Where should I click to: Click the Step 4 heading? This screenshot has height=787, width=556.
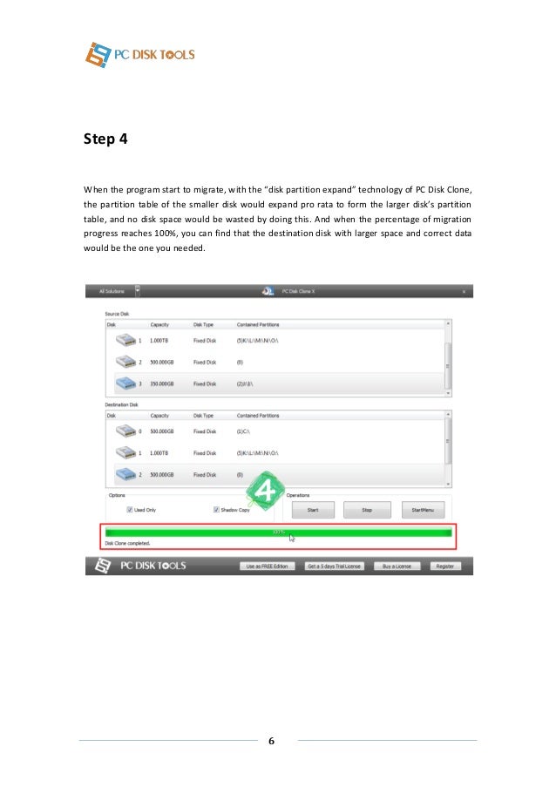pyautogui.click(x=105, y=139)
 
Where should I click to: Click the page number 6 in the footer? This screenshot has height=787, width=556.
pyautogui.click(x=271, y=741)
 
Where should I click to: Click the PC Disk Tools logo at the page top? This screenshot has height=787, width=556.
pyautogui.click(x=140, y=54)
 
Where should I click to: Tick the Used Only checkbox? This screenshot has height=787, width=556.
pyautogui.click(x=130, y=510)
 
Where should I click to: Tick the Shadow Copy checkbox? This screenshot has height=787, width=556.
pyautogui.click(x=216, y=510)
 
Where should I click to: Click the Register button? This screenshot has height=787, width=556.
pyautogui.click(x=445, y=567)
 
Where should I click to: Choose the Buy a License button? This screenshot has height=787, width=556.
pyautogui.click(x=393, y=567)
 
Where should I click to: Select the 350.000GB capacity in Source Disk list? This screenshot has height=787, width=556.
pyautogui.click(x=162, y=383)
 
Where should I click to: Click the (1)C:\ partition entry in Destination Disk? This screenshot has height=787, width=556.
pyautogui.click(x=244, y=431)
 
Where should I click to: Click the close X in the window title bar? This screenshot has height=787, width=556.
pyautogui.click(x=464, y=291)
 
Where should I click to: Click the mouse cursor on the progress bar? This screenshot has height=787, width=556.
pyautogui.click(x=292, y=537)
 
